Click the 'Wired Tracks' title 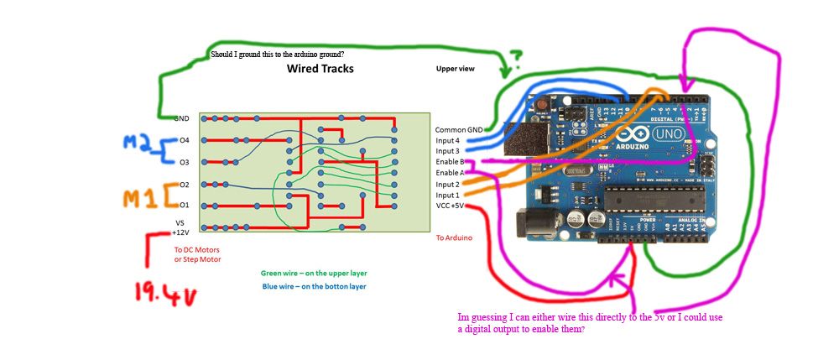pos(320,69)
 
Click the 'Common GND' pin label pos(459,130)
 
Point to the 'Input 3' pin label pos(447,151)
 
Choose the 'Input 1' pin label pos(447,195)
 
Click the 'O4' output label pos(185,140)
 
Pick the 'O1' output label pos(185,205)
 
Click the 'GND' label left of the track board pos(181,119)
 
